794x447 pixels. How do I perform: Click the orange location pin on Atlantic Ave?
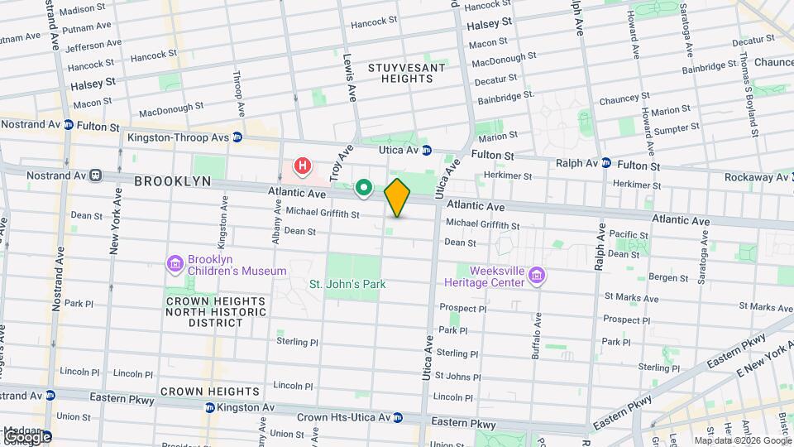[x=397, y=198]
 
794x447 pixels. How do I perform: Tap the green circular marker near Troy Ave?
[x=363, y=189]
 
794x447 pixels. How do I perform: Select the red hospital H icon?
[x=303, y=166]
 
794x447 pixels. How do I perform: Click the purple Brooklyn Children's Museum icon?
[x=175, y=264]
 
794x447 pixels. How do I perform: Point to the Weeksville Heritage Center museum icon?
[x=537, y=276]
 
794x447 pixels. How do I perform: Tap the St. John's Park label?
[x=347, y=284]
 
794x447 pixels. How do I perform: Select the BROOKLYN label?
[x=172, y=180]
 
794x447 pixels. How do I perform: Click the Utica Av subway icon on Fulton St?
[x=427, y=150]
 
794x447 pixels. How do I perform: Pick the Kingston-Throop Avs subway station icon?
[x=237, y=137]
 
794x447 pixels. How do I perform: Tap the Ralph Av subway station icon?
[x=606, y=162]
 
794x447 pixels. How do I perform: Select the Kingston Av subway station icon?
[x=210, y=407]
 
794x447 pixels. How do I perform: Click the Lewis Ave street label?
[x=350, y=78]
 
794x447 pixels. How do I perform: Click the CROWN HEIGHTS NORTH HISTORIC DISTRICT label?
[x=215, y=312]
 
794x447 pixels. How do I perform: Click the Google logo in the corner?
[x=26, y=436]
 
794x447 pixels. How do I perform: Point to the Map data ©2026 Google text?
[x=742, y=440]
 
